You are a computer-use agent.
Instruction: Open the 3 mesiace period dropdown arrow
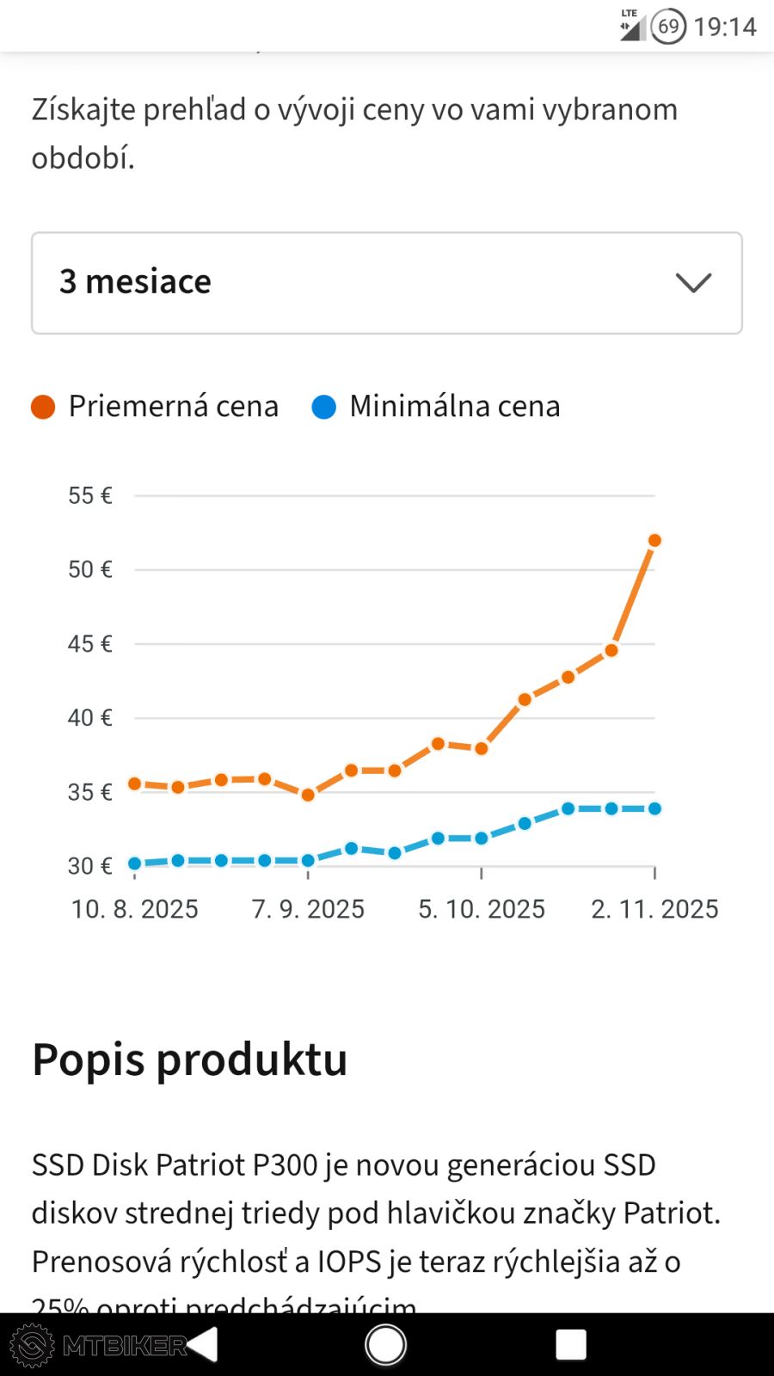click(x=693, y=283)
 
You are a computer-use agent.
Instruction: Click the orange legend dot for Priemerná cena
click(x=43, y=407)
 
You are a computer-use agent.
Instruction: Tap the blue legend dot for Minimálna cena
click(x=323, y=407)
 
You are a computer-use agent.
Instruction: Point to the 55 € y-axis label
click(x=90, y=495)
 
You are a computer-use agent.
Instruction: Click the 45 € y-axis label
click(x=90, y=643)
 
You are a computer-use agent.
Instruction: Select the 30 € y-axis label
click(x=90, y=865)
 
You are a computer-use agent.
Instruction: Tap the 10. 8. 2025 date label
click(x=135, y=909)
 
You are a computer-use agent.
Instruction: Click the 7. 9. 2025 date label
click(x=308, y=909)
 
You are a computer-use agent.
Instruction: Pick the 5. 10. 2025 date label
click(x=482, y=909)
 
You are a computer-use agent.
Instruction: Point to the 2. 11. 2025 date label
click(x=654, y=909)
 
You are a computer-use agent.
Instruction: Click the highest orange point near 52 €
click(x=654, y=540)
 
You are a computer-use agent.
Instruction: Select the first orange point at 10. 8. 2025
click(x=135, y=783)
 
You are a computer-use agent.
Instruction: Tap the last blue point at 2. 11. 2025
click(x=654, y=808)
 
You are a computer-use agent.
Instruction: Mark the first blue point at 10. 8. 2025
click(x=135, y=863)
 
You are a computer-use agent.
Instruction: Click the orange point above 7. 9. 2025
click(x=308, y=795)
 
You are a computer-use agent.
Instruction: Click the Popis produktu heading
click(x=190, y=1060)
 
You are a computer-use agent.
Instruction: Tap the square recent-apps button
click(x=571, y=1344)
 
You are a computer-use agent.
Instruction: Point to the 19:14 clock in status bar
click(x=725, y=27)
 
